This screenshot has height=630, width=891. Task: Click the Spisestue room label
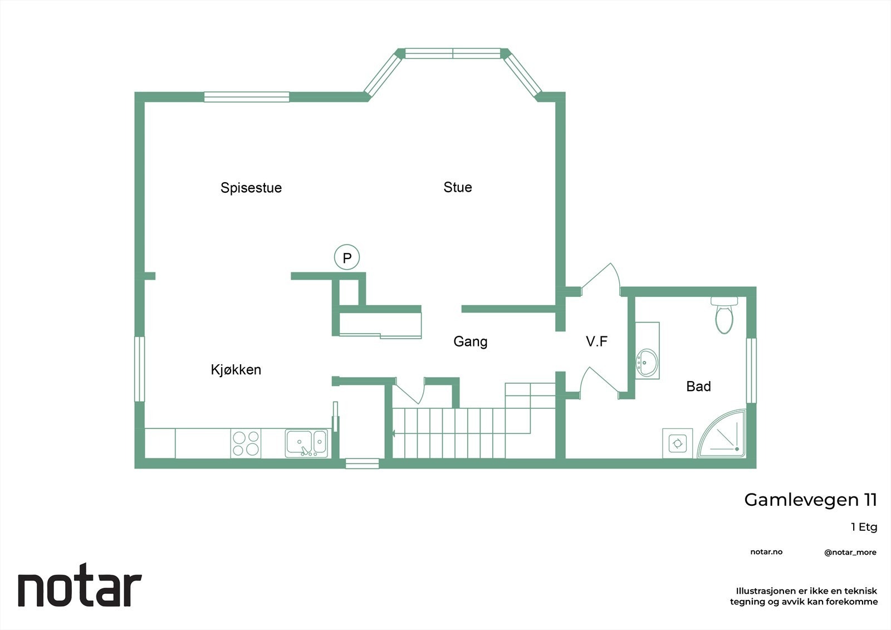pos(251,188)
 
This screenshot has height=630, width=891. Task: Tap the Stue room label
pos(457,187)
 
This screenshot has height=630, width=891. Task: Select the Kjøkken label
pos(236,369)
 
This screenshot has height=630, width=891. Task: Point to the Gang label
pos(470,341)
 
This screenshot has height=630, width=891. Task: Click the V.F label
pos(596,341)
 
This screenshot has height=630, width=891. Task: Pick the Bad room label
pos(698,386)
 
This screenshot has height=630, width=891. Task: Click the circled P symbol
pos(347,258)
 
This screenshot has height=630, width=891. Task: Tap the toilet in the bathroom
pos(724,315)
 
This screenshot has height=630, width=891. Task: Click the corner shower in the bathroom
pos(723,434)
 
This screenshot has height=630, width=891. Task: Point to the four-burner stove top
pos(246,444)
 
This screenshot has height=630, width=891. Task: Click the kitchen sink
pos(306,444)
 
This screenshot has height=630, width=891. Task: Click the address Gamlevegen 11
pos(810,500)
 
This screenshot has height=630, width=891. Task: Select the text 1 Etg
pos(864,527)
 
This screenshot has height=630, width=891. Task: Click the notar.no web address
pos(766,552)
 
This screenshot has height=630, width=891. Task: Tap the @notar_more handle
pos(850,553)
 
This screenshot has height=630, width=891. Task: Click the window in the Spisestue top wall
pos(246,97)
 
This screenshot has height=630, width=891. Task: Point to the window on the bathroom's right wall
pos(751,370)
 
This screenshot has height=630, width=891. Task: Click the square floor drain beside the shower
pos(678,443)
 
